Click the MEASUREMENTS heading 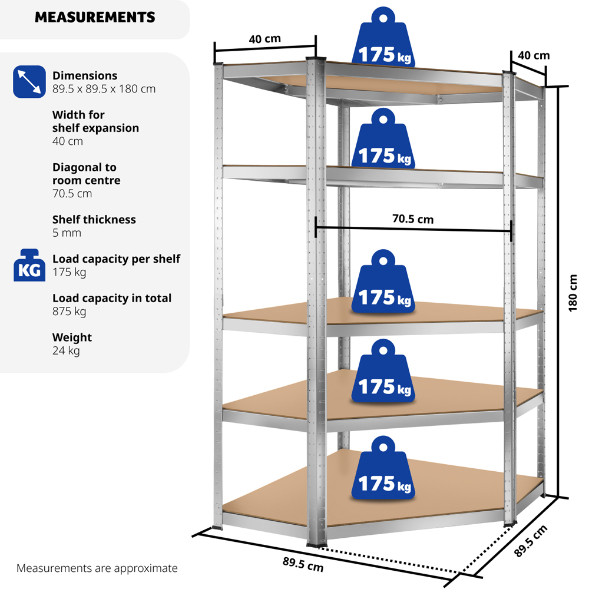coord(95,17)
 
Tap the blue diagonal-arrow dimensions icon coord(29,82)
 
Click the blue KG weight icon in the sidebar coord(29,265)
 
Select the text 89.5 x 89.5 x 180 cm coord(104,89)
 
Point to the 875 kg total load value coord(70,311)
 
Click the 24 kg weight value coord(66,350)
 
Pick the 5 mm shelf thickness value coord(67,233)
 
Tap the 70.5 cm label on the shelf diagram coord(412,220)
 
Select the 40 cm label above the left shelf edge coord(264,39)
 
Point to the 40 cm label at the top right coord(533,55)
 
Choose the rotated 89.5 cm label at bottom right coord(531,541)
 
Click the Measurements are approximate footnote coord(97,568)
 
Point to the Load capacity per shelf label coord(116,259)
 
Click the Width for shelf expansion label coord(95,121)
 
